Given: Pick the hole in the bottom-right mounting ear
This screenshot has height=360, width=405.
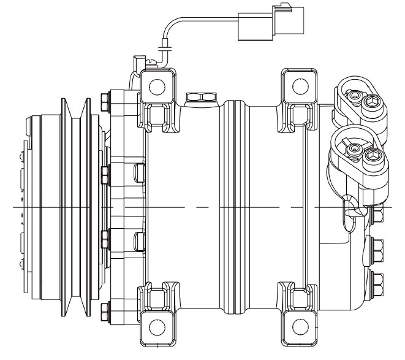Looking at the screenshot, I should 300,324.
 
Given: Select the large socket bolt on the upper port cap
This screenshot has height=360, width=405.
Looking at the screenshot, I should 372,102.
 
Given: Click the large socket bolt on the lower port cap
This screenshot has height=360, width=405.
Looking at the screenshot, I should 372,158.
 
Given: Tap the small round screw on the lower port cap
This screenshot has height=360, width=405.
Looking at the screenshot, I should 353,149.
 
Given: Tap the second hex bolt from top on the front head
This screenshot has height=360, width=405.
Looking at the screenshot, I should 104,174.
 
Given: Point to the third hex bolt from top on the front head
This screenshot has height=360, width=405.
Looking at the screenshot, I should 104,236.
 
